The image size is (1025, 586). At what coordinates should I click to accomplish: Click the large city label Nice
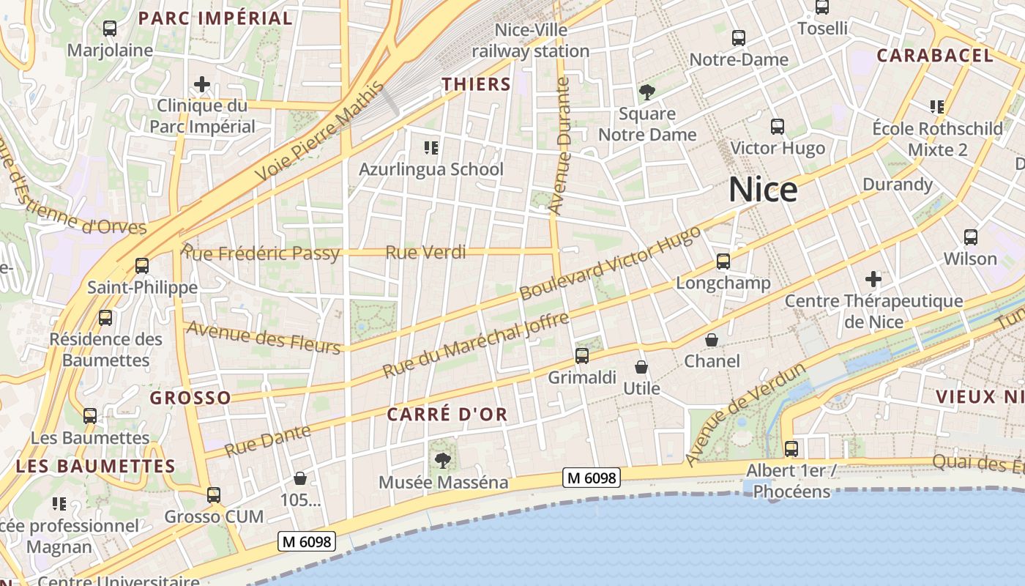[763, 190]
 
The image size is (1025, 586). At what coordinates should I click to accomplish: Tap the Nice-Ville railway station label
[531, 41]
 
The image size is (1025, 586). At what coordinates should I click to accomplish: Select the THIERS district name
[476, 84]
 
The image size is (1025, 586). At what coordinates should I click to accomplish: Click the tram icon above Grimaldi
[582, 356]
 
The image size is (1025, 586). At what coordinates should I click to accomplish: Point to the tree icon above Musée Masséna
[442, 461]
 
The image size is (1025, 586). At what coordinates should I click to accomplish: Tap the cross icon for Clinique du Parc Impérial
[202, 84]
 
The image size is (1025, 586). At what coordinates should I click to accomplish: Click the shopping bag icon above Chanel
[712, 340]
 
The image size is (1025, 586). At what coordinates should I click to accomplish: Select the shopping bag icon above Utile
[641, 367]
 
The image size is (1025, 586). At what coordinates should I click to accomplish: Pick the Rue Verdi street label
[425, 253]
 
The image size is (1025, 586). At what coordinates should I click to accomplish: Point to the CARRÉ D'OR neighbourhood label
[447, 415]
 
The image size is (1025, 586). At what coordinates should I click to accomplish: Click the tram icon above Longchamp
[723, 262]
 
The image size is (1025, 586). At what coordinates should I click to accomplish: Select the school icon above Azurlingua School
[431, 149]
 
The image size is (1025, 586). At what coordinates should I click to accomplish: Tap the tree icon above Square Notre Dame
[646, 92]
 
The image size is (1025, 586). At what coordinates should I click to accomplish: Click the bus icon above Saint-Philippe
[142, 266]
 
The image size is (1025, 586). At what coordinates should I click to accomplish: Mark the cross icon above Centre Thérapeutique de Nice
[873, 279]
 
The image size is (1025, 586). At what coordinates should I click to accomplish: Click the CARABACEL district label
[935, 56]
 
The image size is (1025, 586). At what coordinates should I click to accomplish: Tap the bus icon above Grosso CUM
[214, 495]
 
